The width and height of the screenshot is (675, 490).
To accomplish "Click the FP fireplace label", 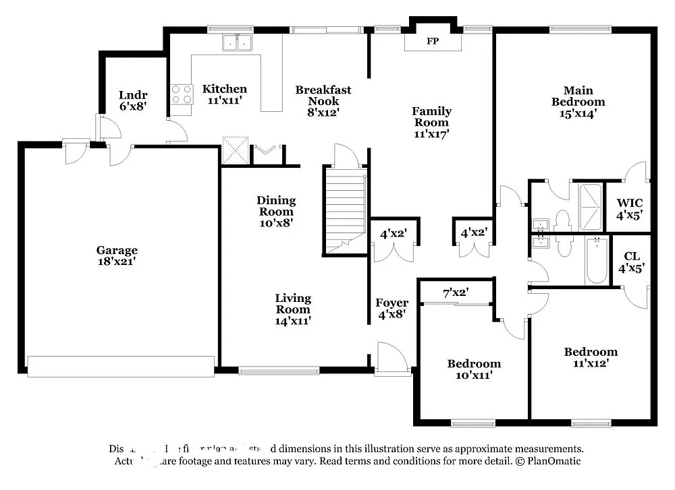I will point(433,41).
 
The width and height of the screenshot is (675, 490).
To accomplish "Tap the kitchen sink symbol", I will point(237,43).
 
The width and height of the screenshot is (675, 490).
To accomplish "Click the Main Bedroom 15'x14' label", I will point(578,102).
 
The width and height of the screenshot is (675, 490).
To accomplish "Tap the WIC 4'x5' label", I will point(629,208).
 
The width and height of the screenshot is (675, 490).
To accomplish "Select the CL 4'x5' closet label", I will point(632,262).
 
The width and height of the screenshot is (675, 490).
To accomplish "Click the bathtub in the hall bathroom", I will point(596,260).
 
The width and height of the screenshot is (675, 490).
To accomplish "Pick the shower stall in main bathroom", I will point(590,199).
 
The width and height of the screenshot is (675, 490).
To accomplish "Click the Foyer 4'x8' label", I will point(391,308).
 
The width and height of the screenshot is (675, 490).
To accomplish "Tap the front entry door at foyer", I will point(390,357).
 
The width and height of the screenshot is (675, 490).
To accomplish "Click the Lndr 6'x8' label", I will point(132,100).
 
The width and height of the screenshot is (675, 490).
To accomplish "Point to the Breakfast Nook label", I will point(323,100).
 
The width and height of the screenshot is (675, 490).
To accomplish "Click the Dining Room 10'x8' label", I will point(275,211).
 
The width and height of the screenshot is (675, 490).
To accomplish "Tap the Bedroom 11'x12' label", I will point(591,357).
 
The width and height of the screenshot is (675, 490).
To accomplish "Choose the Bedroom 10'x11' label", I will point(474,369).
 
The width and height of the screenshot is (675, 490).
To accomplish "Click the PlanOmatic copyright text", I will point(547,462).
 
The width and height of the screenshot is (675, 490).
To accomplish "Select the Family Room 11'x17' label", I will point(431,122).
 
